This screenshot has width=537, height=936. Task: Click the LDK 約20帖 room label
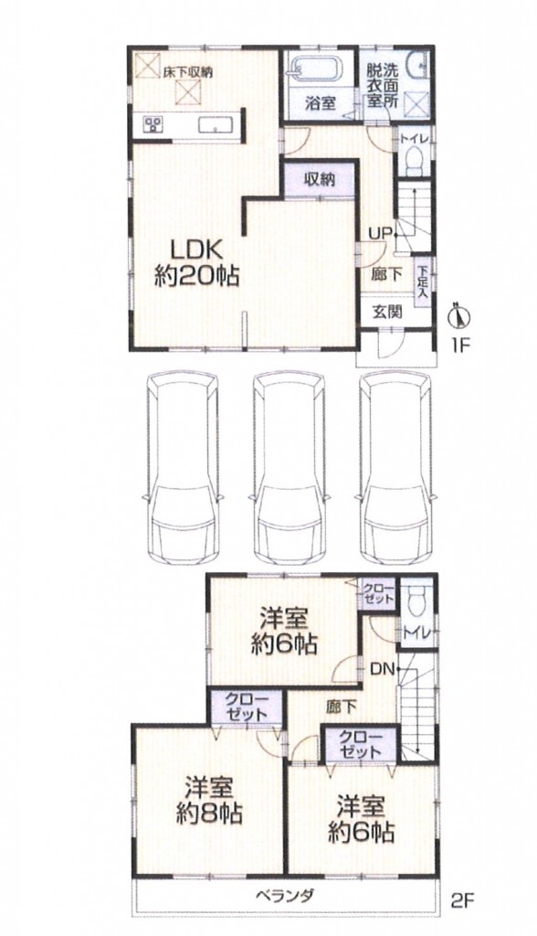(197, 262)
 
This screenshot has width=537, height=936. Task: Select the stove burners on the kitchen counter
(153, 124)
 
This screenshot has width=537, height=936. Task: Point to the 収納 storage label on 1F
(320, 179)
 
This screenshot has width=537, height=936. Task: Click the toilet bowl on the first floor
(413, 159)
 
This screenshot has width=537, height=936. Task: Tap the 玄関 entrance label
(387, 311)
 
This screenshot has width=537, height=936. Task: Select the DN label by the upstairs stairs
(382, 669)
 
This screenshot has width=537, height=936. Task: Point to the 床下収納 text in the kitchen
(187, 72)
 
